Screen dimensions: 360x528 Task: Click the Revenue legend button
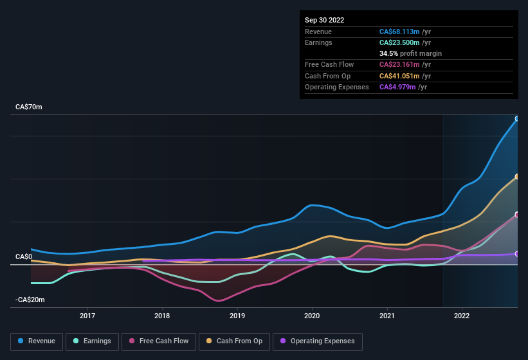point(37,341)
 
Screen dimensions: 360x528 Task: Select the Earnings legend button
point(92,341)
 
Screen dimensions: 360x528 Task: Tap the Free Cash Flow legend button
point(159,341)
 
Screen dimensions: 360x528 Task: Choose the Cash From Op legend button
point(235,341)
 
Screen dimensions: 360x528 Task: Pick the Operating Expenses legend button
point(318,341)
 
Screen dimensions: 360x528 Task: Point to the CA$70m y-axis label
point(29,107)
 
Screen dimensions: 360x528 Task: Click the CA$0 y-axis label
point(24,257)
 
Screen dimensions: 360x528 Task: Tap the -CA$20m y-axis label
point(31,300)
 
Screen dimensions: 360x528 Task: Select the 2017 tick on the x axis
point(87,316)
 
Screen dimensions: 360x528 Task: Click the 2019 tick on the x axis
point(237,316)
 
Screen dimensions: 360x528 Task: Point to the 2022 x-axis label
point(462,316)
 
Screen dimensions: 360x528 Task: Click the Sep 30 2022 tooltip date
point(325,20)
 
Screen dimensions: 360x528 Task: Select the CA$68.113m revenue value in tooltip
point(399,31)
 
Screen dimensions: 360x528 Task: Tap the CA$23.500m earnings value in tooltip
point(399,42)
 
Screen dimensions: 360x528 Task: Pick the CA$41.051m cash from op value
point(399,76)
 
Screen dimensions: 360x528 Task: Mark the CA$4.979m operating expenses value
point(397,87)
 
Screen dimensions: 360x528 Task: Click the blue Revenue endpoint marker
point(517,119)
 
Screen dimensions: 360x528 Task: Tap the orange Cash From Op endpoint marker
point(517,177)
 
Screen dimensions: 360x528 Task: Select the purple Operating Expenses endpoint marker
point(517,254)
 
